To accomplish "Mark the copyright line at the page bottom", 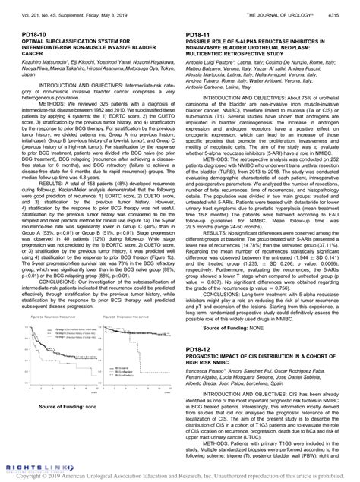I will point(180,477).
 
